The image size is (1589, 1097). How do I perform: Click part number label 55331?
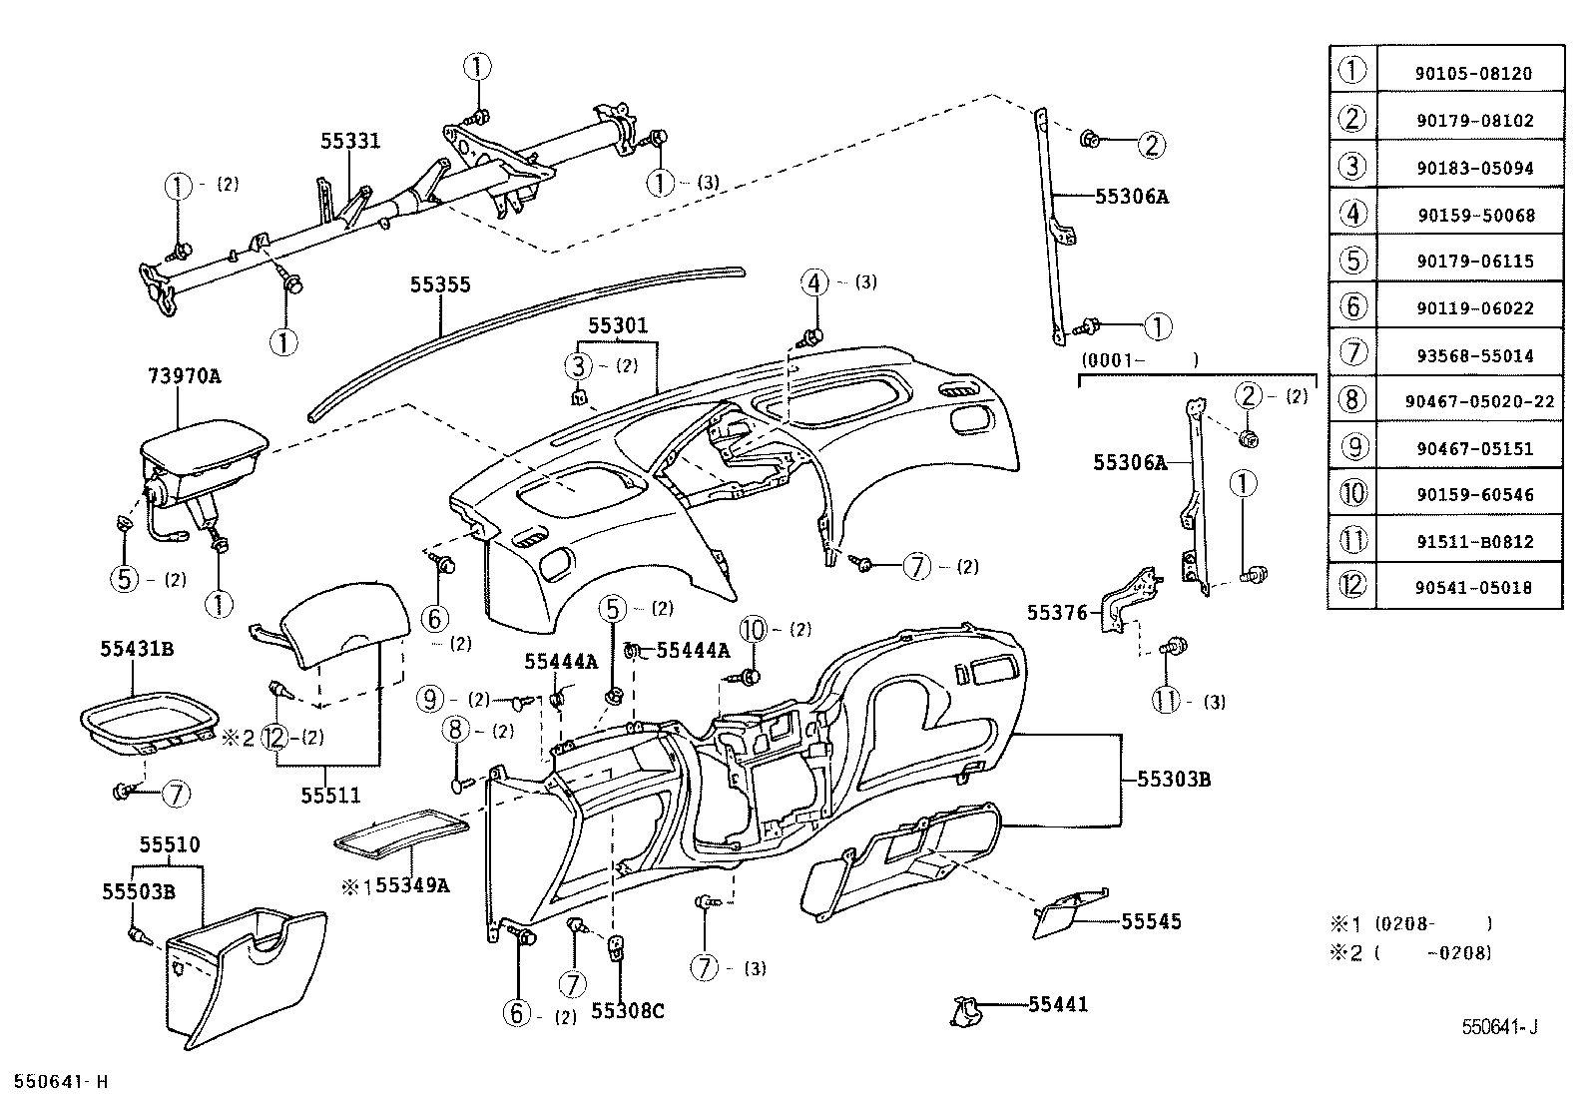[x=350, y=141]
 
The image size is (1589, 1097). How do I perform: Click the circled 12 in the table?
[x=1351, y=587]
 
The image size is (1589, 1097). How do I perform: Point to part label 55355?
[x=439, y=285]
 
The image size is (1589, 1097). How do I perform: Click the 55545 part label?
[x=1151, y=921]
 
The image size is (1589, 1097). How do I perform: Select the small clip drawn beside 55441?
[x=965, y=1010]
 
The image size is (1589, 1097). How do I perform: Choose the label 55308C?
[x=627, y=1011]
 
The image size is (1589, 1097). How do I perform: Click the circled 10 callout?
[x=754, y=630]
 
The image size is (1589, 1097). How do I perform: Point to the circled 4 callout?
[x=814, y=282]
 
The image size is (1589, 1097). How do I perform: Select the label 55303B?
[x=1173, y=779]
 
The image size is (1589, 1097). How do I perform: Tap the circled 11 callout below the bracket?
[x=1166, y=701]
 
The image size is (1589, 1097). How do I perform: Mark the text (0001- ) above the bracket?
[x=1138, y=360]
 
